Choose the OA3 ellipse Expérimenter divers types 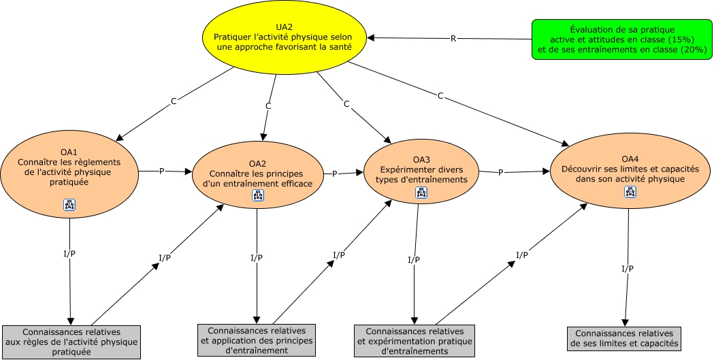[x=421, y=174]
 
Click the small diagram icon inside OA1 [x=69, y=204]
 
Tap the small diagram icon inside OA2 [x=258, y=195]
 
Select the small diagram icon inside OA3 [x=421, y=193]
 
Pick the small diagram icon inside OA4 [x=630, y=192]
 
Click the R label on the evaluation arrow [x=453, y=38]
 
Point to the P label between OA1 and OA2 [x=162, y=171]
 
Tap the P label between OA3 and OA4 [x=500, y=172]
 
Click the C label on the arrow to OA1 [x=174, y=101]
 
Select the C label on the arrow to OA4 [x=440, y=96]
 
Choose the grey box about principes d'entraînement [x=257, y=340]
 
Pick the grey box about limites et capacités [x=623, y=338]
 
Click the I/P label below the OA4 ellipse [x=627, y=269]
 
